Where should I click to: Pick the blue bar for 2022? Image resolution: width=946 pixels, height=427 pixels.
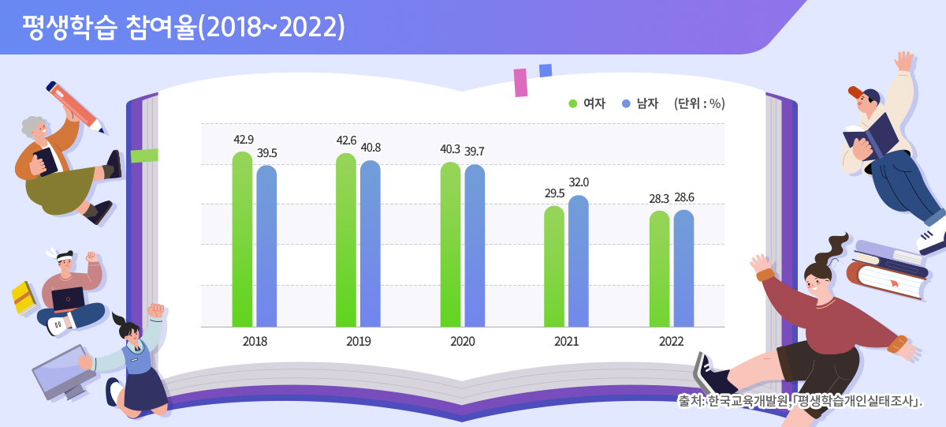pyautogui.click(x=683, y=268)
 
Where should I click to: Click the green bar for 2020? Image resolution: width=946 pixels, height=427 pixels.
pyautogui.click(x=450, y=244)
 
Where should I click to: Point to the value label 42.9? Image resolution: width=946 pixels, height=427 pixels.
pyautogui.click(x=244, y=140)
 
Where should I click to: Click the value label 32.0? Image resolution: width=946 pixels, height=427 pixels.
pyautogui.click(x=579, y=182)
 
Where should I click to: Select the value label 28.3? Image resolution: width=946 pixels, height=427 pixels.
pyautogui.click(x=659, y=198)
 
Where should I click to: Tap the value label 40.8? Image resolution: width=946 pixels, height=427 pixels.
pyautogui.click(x=371, y=147)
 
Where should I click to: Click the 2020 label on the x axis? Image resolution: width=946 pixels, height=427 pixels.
pyautogui.click(x=463, y=342)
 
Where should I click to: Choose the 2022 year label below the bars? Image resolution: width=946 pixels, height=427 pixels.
pyautogui.click(x=671, y=342)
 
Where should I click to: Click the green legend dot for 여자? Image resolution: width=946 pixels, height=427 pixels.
pyautogui.click(x=573, y=103)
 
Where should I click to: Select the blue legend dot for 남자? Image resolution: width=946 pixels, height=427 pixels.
pyautogui.click(x=626, y=103)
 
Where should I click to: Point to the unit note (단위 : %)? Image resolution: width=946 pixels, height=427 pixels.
pyautogui.click(x=699, y=103)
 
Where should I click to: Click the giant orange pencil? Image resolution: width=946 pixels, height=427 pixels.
pyautogui.click(x=74, y=106)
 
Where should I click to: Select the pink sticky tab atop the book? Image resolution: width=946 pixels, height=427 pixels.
pyautogui.click(x=520, y=82)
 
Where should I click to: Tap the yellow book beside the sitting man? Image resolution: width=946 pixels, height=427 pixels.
pyautogui.click(x=24, y=296)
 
